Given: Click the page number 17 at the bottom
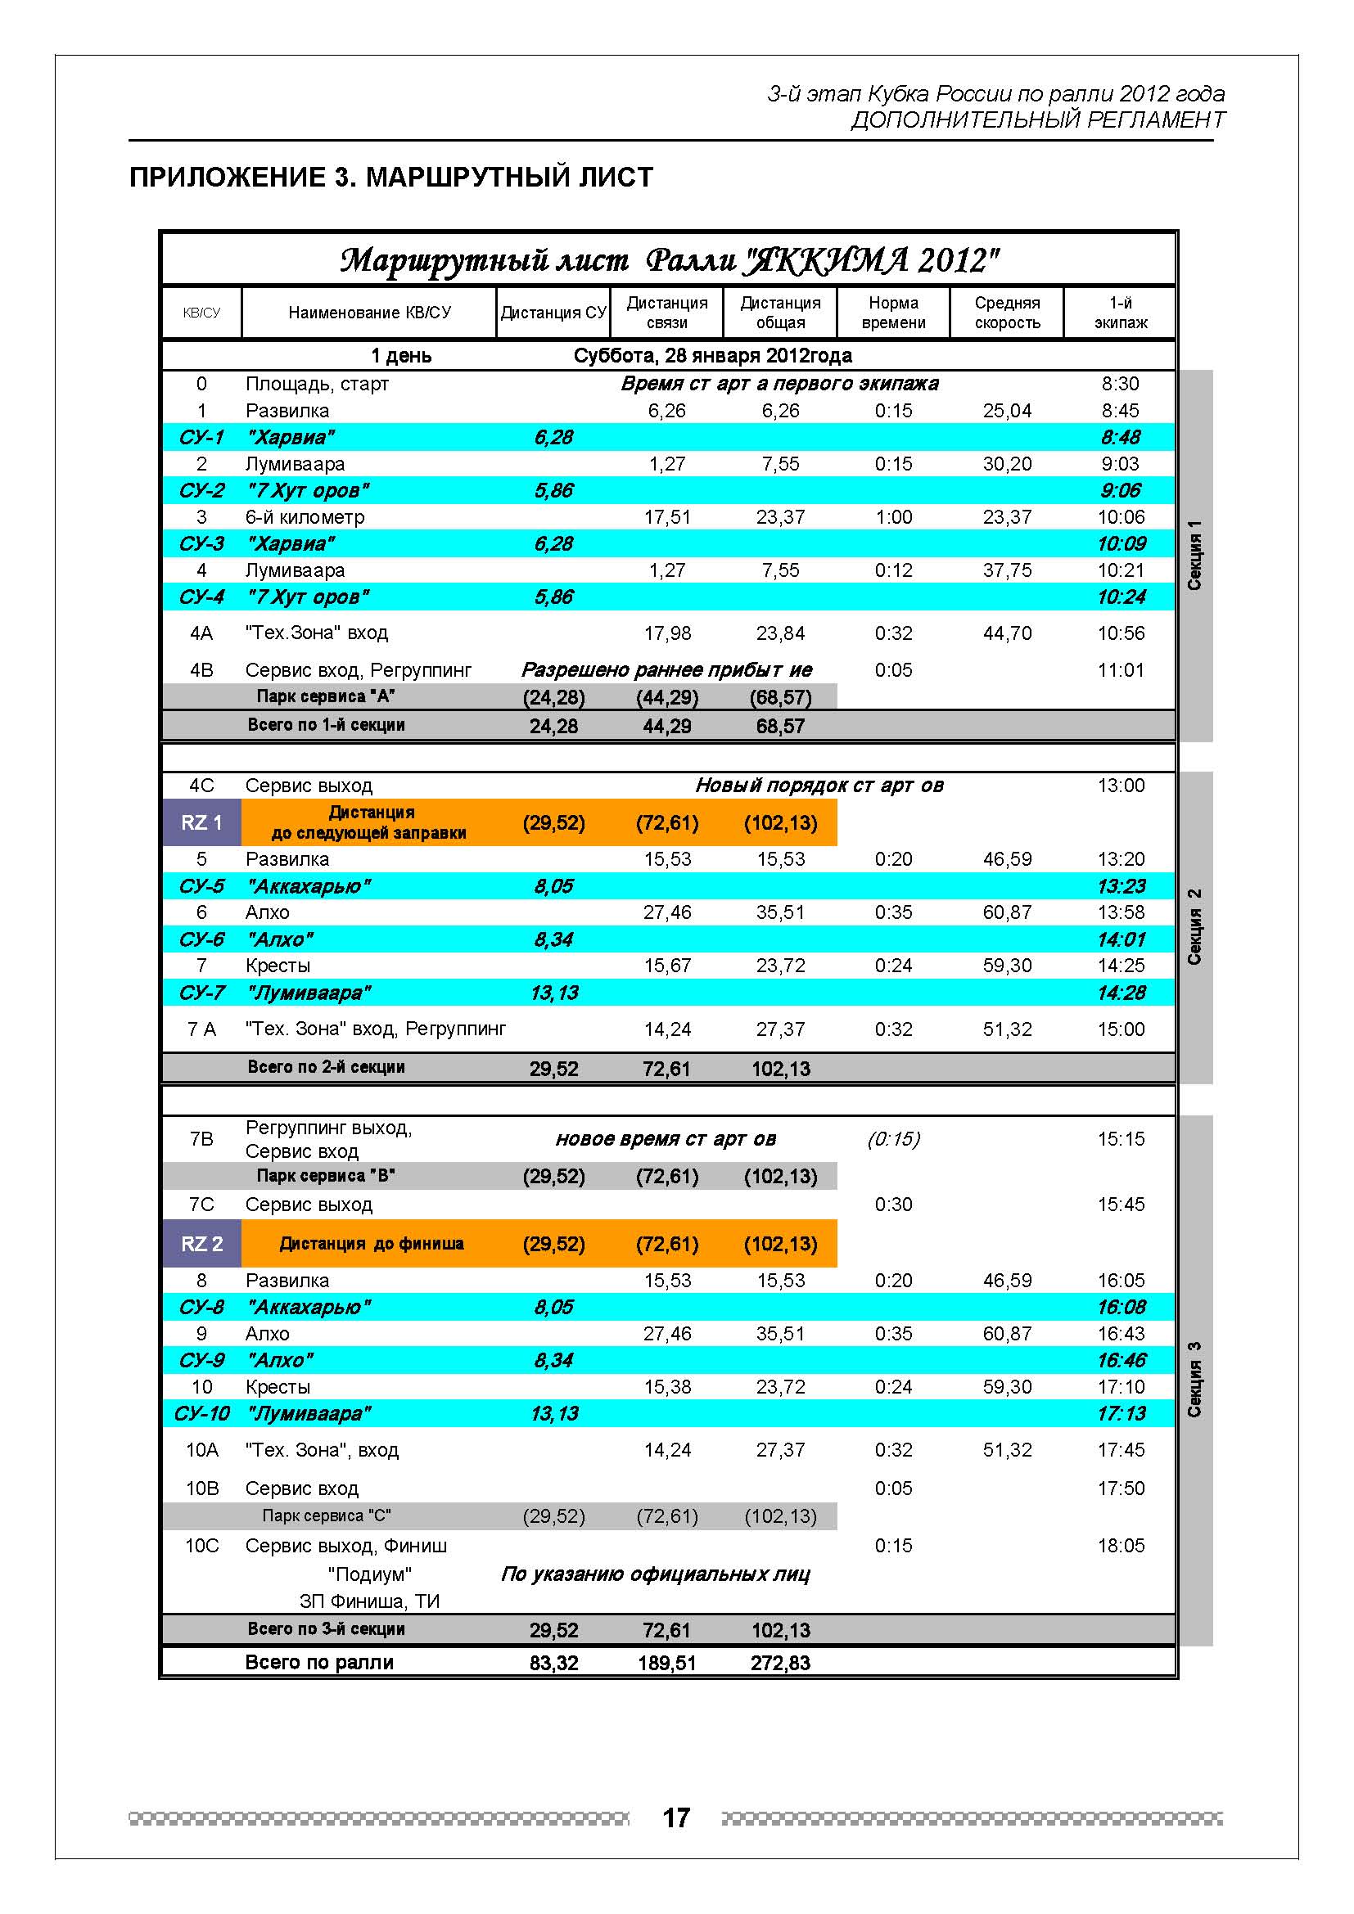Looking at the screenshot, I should click(x=676, y=1817).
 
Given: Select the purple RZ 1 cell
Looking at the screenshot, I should click(x=201, y=822).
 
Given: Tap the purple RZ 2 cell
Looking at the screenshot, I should click(x=201, y=1244).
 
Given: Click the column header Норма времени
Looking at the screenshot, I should click(x=893, y=313).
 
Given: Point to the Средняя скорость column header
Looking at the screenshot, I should click(x=1006, y=313).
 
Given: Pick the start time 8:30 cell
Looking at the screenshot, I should click(x=1120, y=384).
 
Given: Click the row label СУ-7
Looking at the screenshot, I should click(x=201, y=993).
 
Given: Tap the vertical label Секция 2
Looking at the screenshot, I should click(x=1194, y=927).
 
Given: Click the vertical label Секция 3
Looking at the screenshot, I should click(x=1194, y=1380).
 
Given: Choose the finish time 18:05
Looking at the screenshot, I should click(x=1121, y=1546).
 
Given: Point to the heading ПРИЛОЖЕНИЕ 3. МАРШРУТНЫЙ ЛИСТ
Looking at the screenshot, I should click(x=391, y=178).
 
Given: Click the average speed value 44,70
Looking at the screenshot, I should click(x=1006, y=633).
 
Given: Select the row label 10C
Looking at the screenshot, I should click(x=201, y=1546).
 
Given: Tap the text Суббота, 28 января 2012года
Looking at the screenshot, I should click(x=712, y=356).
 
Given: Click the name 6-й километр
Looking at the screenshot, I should click(x=305, y=517).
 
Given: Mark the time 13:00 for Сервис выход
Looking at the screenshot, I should click(x=1121, y=786).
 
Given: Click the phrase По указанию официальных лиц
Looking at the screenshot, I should click(x=656, y=1574).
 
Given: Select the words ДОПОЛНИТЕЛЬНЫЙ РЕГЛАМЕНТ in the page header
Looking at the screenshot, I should click(x=1037, y=120).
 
